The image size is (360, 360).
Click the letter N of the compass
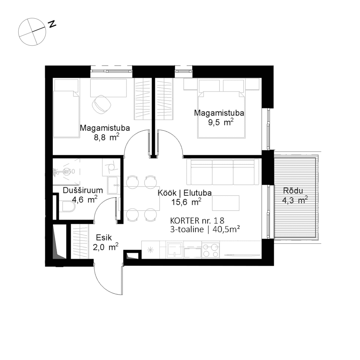(52, 24)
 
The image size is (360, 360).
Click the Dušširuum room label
(83, 191)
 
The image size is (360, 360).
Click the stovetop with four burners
(211, 250)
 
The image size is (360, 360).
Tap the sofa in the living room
(223, 172)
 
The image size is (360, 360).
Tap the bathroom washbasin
(113, 185)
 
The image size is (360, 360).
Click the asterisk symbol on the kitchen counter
(150, 250)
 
